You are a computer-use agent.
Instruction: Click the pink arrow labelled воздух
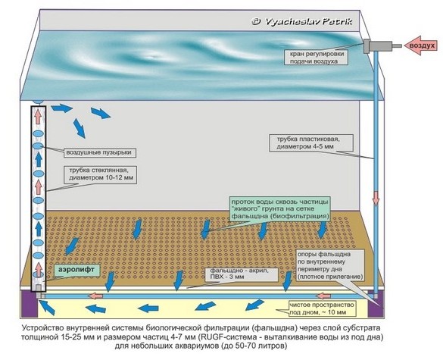421,45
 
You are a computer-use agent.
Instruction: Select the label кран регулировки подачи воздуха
315,57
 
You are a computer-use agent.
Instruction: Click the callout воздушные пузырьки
99,152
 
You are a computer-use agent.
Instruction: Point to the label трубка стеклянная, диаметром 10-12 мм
101,174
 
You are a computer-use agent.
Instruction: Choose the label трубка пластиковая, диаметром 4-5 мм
311,142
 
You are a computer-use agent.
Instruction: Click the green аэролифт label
76,270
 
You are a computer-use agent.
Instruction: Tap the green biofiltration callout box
280,209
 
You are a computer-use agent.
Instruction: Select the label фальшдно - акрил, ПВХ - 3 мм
243,274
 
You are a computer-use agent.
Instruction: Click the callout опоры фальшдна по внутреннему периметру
330,265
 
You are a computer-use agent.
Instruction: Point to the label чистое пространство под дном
322,308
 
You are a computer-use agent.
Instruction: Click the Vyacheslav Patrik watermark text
302,21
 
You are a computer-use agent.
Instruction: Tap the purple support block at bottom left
30,303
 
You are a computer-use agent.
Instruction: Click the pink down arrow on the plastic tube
376,198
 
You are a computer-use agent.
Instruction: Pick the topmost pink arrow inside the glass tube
38,116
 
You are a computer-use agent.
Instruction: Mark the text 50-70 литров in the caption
259,346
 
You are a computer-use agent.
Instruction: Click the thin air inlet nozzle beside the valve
398,45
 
